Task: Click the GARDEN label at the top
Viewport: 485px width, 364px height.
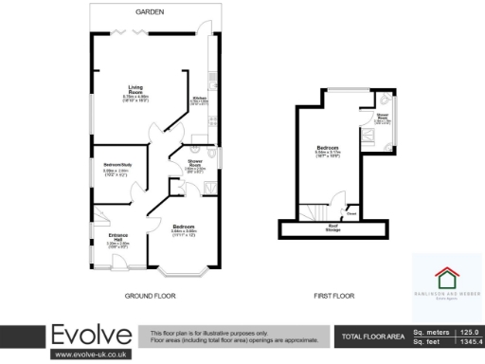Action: click(x=150, y=11)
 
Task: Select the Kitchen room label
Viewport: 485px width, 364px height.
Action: click(x=200, y=98)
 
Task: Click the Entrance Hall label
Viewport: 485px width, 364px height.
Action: click(x=119, y=237)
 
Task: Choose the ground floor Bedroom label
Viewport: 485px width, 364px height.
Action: click(x=184, y=227)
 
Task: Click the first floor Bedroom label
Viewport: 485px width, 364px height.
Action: click(x=329, y=150)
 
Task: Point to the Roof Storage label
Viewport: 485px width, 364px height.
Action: click(x=333, y=227)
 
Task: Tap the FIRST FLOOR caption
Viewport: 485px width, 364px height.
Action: click(x=333, y=297)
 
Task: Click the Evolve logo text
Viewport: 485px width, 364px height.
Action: click(x=92, y=336)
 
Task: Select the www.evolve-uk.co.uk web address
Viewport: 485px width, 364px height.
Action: click(x=91, y=355)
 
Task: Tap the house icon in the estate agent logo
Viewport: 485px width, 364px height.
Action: click(x=445, y=277)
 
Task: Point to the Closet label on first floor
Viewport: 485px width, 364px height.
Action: click(x=351, y=213)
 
